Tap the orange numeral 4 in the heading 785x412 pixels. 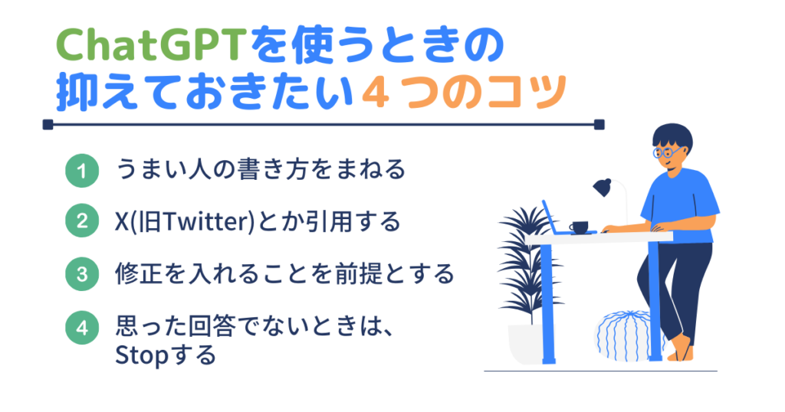375,93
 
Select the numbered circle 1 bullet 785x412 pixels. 82,171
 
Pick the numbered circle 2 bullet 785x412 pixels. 82,221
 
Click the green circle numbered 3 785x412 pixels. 82,274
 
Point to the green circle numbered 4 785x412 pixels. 82,328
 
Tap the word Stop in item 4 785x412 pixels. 142,356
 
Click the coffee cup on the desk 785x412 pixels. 580,227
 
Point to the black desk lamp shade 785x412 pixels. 603,187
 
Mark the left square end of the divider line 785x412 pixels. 48,125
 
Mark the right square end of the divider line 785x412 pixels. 599,125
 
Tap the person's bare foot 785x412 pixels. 681,350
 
